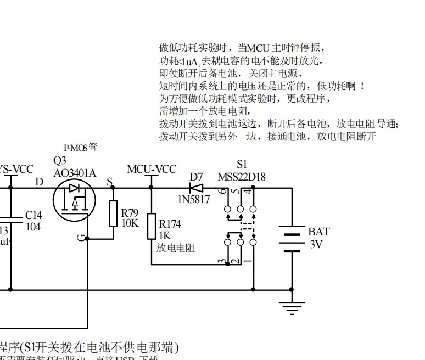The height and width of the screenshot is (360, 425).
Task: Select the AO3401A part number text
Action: coord(75,173)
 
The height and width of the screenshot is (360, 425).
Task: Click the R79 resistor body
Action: coord(113,213)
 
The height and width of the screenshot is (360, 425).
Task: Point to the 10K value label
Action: coord(130,223)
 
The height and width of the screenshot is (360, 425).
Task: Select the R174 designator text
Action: coord(170,224)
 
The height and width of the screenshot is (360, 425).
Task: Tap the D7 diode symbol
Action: coord(195,187)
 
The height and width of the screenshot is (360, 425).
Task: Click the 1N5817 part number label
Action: coord(193,200)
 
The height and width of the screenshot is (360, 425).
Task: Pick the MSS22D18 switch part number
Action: coord(242,177)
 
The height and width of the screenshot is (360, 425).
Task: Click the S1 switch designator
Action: coord(242,164)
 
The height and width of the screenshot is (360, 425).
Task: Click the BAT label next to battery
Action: coord(318,232)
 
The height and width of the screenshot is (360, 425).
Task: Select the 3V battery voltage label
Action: coord(316,245)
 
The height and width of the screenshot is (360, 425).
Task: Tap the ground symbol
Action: coord(292,307)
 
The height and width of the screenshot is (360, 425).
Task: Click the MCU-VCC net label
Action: coord(152,169)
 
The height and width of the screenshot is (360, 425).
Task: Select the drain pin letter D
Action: coord(39,182)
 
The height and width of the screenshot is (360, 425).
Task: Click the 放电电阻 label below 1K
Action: coord(176,248)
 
